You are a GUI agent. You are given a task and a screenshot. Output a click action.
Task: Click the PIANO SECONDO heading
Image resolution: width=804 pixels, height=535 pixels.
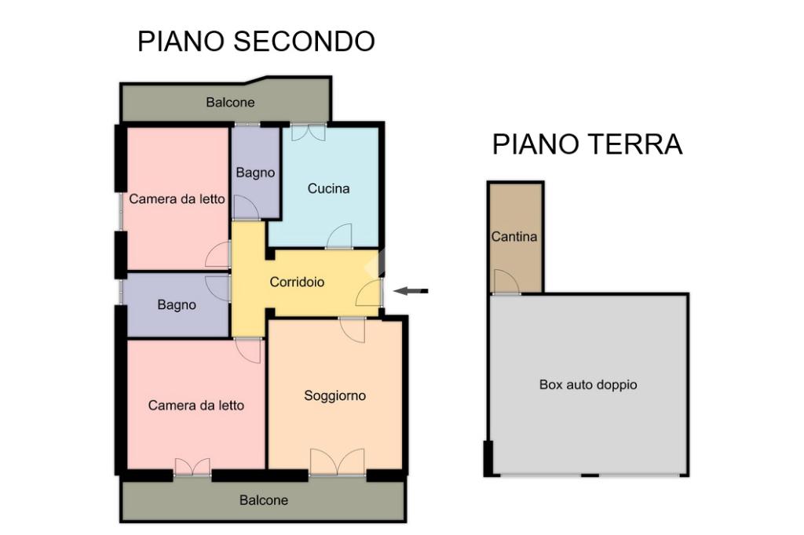click(256, 42)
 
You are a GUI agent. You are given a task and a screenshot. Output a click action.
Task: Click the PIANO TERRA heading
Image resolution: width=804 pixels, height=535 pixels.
click(587, 144)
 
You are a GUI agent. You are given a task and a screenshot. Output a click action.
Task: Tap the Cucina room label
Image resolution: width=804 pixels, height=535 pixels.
click(328, 188)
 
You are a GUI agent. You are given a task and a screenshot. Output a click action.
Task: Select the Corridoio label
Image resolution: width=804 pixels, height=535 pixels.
click(297, 282)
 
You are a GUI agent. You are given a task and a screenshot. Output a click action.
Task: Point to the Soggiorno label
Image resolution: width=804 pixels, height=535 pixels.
click(334, 396)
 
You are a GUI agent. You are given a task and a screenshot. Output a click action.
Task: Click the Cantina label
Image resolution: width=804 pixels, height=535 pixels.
click(514, 236)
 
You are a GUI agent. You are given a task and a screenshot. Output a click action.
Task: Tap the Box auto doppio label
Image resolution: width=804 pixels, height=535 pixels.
click(588, 385)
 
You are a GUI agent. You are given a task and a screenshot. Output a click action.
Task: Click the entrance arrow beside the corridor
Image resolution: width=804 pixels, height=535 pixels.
click(411, 291)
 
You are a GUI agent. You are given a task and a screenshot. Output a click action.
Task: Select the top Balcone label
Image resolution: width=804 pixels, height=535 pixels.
click(230, 102)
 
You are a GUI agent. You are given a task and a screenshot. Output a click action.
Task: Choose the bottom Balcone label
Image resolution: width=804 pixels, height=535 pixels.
click(264, 500)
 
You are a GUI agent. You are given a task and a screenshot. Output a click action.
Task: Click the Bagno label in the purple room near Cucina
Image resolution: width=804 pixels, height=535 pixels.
click(255, 173)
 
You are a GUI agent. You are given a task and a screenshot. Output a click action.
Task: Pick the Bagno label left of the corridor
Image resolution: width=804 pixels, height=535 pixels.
click(177, 305)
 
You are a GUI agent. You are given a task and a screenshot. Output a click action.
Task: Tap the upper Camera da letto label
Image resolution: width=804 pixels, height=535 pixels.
click(177, 199)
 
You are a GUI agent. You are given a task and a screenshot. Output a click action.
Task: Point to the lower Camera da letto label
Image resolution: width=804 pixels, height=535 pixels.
click(196, 406)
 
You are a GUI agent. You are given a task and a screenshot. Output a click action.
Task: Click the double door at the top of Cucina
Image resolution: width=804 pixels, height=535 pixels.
click(308, 133)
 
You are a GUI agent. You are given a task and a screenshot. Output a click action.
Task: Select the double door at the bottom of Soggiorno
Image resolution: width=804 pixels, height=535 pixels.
click(337, 462)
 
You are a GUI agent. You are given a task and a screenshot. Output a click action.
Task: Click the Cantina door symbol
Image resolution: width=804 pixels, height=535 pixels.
click(506, 282)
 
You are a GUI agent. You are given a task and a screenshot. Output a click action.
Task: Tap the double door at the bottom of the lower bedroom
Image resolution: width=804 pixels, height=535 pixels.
click(192, 468)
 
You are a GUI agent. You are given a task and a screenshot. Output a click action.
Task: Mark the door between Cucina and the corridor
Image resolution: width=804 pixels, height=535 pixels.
click(339, 237)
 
